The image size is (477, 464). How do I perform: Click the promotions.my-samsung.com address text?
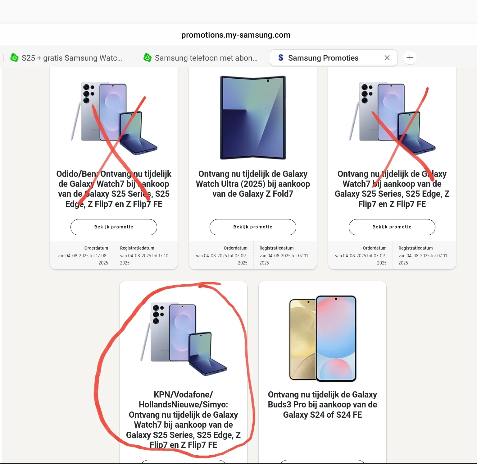(x=236, y=35)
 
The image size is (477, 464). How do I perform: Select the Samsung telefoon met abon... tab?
(x=200, y=58)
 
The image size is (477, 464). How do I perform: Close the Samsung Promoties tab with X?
(x=387, y=57)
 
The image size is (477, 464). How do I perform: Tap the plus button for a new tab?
(x=410, y=57)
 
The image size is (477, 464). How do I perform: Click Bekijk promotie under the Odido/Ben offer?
(x=114, y=227)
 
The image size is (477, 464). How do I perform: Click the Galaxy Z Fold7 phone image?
(x=253, y=117)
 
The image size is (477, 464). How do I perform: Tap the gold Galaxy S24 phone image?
(x=302, y=339)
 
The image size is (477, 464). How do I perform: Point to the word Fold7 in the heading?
(x=283, y=194)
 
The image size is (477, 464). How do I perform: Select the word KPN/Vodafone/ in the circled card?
(x=183, y=395)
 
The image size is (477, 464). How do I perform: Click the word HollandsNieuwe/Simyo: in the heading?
(x=183, y=405)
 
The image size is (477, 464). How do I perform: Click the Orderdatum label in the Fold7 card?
(x=235, y=248)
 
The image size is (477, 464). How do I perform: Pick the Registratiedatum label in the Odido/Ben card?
(x=137, y=248)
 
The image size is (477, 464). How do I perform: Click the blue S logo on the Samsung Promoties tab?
(x=281, y=57)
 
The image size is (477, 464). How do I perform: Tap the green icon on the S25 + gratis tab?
(x=14, y=57)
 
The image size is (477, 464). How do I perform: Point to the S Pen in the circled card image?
(x=145, y=342)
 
